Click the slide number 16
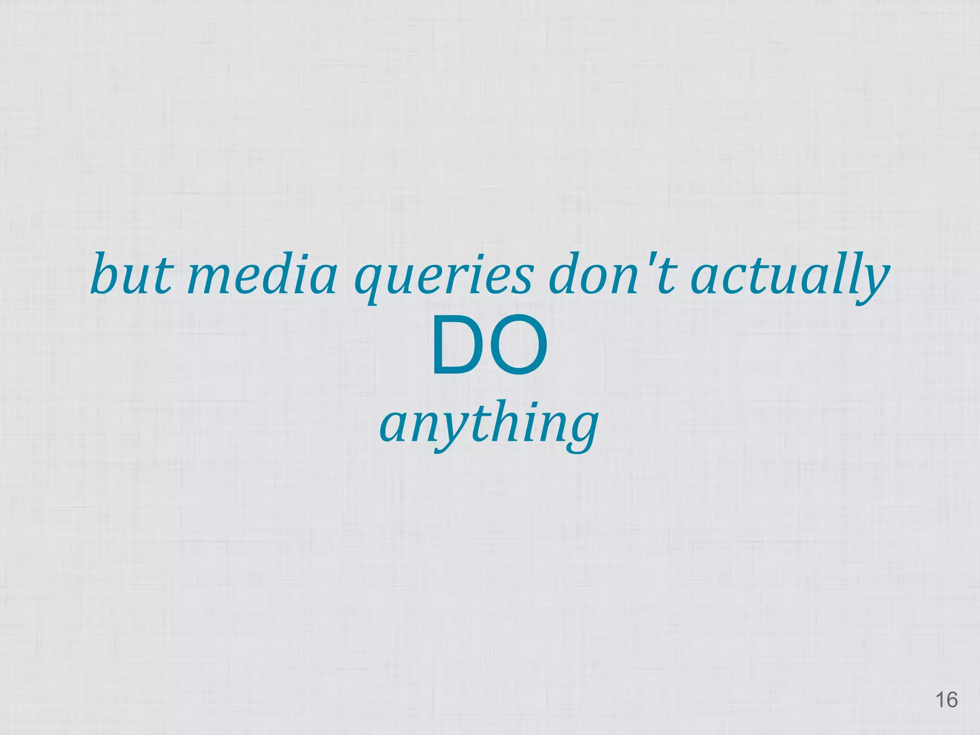[x=946, y=700]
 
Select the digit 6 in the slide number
[x=952, y=700]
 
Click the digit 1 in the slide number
[x=939, y=700]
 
